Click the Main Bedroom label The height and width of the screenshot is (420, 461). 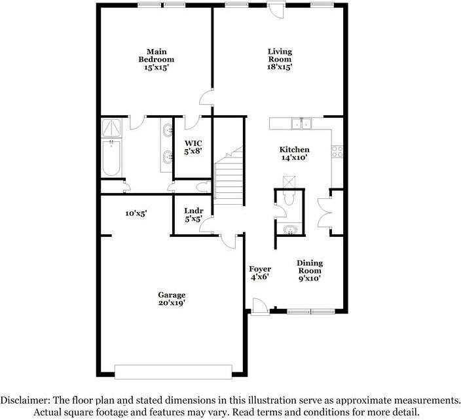click(x=156, y=59)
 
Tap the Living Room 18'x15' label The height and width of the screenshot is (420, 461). click(x=280, y=59)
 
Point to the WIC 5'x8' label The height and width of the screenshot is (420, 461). click(x=193, y=147)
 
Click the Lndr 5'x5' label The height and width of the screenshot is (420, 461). click(x=193, y=215)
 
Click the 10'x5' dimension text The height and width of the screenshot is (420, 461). click(x=136, y=213)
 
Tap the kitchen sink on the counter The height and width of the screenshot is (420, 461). click(x=302, y=123)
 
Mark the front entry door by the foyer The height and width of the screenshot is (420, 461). click(x=258, y=306)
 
